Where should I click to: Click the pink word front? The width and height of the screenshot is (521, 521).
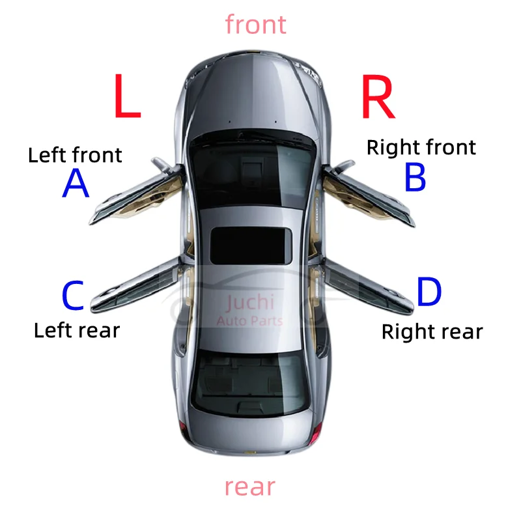pyautogui.click(x=255, y=25)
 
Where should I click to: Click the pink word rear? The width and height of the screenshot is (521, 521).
pyautogui.click(x=250, y=486)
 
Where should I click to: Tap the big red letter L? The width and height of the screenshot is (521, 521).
pyautogui.click(x=127, y=96)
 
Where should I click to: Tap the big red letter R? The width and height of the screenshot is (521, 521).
pyautogui.click(x=378, y=96)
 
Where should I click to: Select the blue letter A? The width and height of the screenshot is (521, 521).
pyautogui.click(x=76, y=184)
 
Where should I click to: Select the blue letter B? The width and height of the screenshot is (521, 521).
pyautogui.click(x=415, y=177)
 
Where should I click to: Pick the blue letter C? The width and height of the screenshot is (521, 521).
pyautogui.click(x=73, y=296)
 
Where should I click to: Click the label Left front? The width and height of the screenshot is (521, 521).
pyautogui.click(x=75, y=155)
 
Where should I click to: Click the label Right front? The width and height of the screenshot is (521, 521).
pyautogui.click(x=421, y=147)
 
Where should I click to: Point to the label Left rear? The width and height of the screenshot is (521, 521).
pyautogui.click(x=77, y=330)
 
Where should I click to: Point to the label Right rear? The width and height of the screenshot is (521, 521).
pyautogui.click(x=432, y=331)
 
